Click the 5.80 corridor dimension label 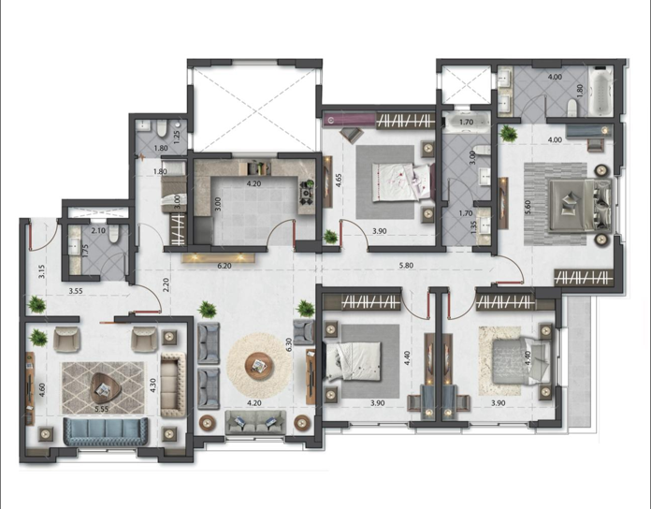tap(405, 265)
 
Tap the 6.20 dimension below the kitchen tap(224, 266)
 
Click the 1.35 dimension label tap(474, 225)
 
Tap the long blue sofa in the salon tap(107, 431)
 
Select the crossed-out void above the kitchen tap(254, 109)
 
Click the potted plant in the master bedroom tap(510, 133)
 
